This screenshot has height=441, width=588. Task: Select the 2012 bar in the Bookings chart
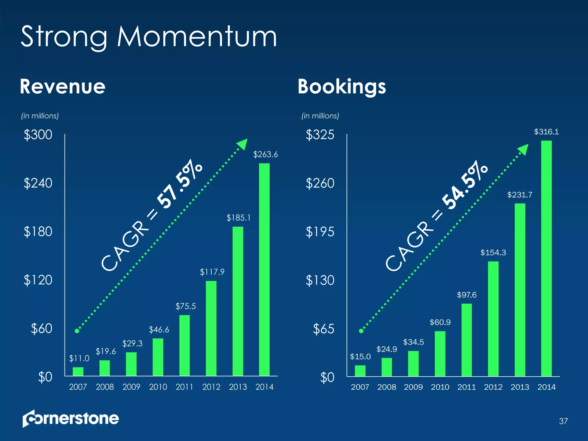click(x=493, y=319)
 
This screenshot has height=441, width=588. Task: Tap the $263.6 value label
click(x=265, y=155)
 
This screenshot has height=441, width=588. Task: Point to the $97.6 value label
click(x=467, y=295)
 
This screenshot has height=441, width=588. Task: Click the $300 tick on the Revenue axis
click(x=38, y=135)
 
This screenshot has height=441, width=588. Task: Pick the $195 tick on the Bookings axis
click(x=320, y=232)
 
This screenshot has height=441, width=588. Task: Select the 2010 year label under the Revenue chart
click(x=158, y=387)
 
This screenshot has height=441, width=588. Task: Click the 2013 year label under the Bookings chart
click(x=520, y=387)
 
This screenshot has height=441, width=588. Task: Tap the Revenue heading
click(x=63, y=86)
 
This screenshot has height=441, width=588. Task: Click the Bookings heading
click(x=342, y=87)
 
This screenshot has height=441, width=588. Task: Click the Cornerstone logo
click(x=71, y=418)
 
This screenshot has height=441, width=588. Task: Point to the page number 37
click(x=563, y=421)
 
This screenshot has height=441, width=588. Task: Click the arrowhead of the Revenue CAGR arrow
click(x=243, y=144)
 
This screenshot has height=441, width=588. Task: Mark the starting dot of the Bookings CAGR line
click(x=361, y=331)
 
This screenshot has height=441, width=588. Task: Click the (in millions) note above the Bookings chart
click(x=320, y=116)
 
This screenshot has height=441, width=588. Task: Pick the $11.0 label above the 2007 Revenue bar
click(x=79, y=358)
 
